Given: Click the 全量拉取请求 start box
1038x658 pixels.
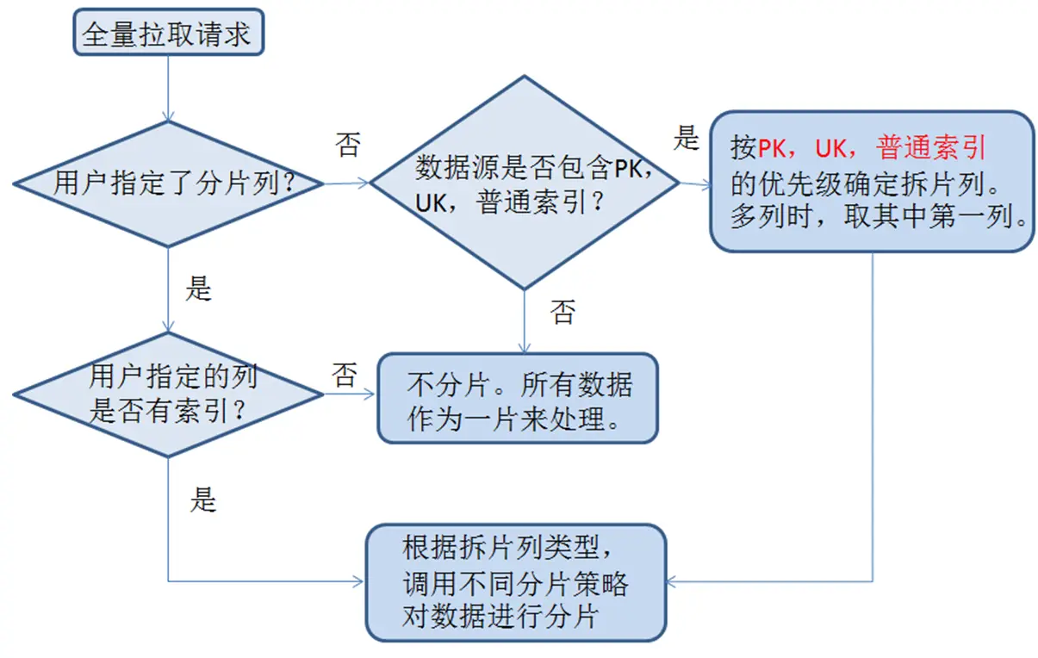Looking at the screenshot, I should pos(167,35).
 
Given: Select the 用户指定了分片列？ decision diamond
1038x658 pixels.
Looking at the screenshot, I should pos(168,183).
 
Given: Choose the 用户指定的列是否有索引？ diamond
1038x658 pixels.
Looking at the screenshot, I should pos(168,394).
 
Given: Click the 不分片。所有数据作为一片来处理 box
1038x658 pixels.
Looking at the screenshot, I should pos(517,398).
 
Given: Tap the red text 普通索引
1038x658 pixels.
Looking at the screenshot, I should pos(930,148).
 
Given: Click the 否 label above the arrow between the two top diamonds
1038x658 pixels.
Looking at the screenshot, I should pos(347,145).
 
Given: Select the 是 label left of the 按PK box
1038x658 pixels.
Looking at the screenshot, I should pos(686,138).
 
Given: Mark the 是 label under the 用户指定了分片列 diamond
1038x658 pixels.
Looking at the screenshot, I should pos(198,289).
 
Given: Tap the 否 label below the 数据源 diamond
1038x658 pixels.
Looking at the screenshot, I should pos(563,311).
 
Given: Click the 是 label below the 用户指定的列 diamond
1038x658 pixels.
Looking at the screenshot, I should pos(202,500).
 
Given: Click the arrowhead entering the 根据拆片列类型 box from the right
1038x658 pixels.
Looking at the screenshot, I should pos(674,581).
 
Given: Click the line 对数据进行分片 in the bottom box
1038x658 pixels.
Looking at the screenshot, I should pos(500,618).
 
